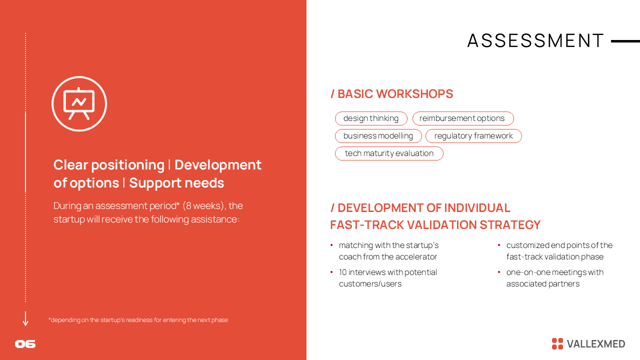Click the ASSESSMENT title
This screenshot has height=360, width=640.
[x=535, y=40]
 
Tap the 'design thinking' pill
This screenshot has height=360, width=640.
[x=371, y=118]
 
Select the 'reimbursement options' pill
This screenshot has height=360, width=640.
[x=463, y=118]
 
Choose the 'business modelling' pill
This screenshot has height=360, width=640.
[x=378, y=135]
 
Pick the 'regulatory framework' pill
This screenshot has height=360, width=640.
[x=473, y=135]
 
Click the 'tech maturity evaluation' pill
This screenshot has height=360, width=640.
[x=389, y=153]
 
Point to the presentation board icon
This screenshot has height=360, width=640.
[x=79, y=103]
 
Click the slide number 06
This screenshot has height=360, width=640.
[x=25, y=344]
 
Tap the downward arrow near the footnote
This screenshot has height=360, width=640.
[x=25, y=319]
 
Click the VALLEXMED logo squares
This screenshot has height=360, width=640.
[x=557, y=343]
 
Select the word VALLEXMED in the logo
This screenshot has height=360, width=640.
[x=596, y=344]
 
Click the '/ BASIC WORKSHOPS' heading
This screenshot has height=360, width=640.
[x=391, y=94]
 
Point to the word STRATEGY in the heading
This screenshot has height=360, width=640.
[x=510, y=225]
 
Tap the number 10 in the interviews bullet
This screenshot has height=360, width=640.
[x=342, y=272]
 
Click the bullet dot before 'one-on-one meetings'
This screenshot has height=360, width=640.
[x=499, y=272]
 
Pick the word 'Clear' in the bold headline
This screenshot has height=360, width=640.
[x=70, y=165]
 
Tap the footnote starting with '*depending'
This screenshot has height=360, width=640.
[x=138, y=320]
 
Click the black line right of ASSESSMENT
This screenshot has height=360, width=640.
[x=625, y=41]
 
